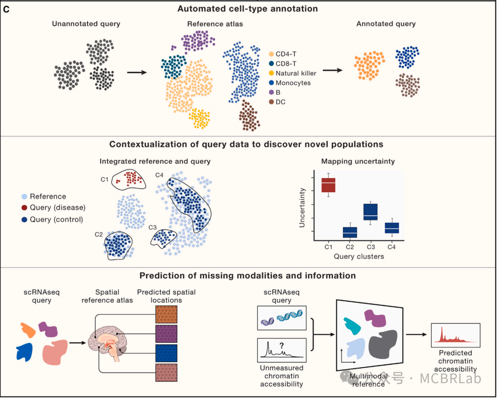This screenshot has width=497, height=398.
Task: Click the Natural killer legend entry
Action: click(293, 73)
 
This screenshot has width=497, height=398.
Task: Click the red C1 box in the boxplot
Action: click(328, 184)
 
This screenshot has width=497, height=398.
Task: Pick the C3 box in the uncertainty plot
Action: click(370, 211)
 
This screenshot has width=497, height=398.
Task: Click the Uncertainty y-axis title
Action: click(303, 207)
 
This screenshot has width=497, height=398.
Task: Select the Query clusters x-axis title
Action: click(358, 256)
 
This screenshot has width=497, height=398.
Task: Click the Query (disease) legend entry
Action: click(58, 208)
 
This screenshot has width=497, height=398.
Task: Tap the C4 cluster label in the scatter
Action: click(159, 175)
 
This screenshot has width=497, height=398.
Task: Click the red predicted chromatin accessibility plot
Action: click(456, 335)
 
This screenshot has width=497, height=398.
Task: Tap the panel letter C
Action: click(6, 9)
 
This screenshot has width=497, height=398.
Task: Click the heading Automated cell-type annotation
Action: click(248, 8)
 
